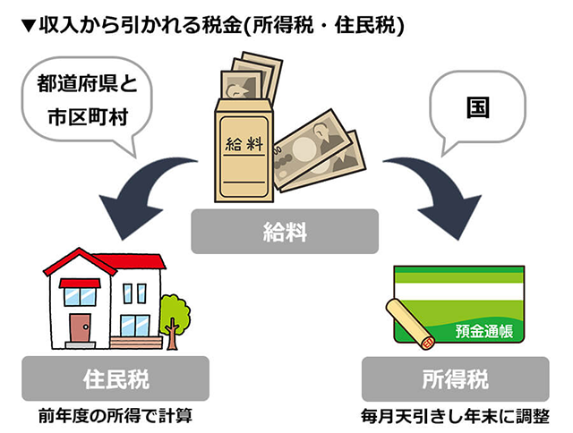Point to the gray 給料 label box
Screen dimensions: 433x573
(286, 232)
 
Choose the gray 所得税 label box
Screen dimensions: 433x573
(456, 378)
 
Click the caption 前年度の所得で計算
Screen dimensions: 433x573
(115, 416)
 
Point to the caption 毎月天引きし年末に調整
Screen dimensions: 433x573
(456, 416)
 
